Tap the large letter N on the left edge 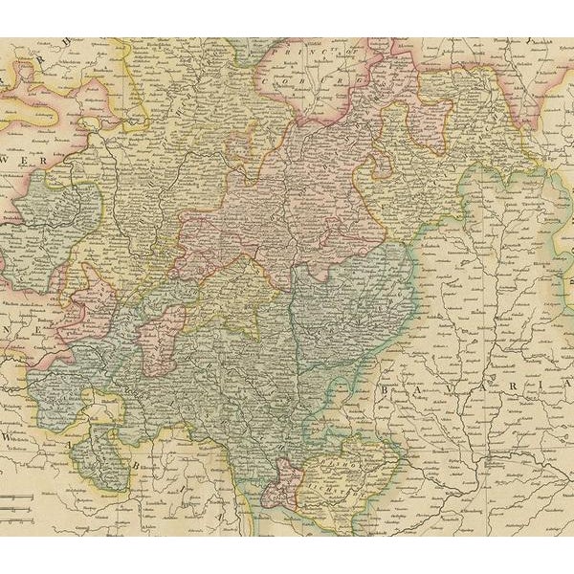tap(10, 331)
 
